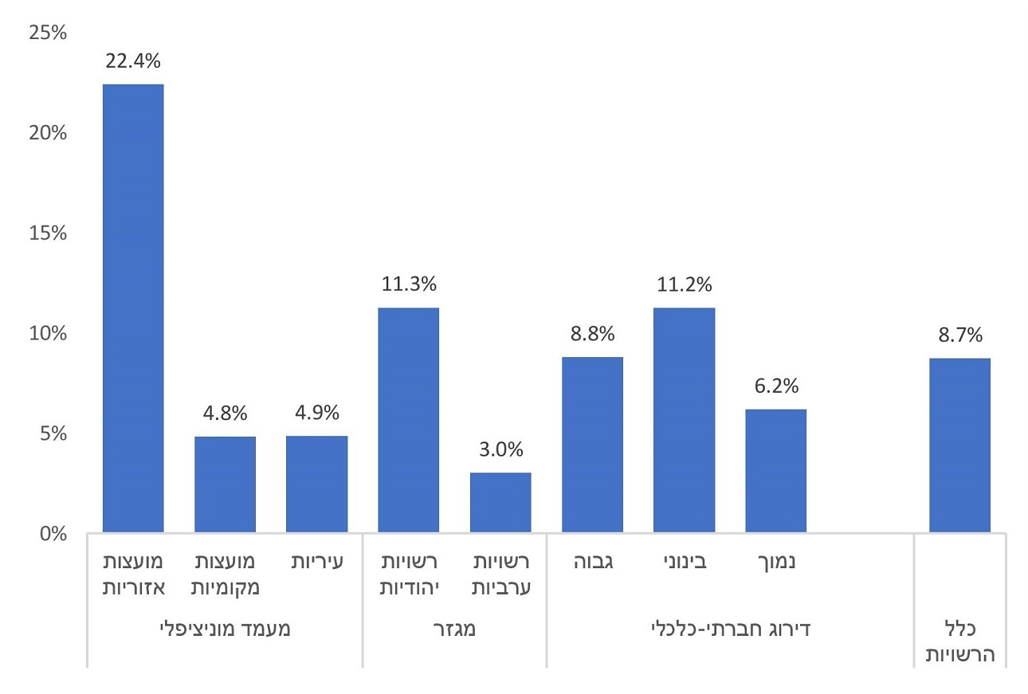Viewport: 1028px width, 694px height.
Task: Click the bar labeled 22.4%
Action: click(x=133, y=308)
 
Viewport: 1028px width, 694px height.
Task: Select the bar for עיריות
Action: click(x=317, y=484)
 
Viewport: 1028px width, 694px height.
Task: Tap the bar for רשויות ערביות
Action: click(x=500, y=502)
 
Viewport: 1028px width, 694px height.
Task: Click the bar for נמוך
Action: click(x=776, y=470)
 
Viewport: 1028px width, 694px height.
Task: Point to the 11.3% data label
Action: click(x=408, y=284)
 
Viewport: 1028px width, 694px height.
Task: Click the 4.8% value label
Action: click(x=225, y=414)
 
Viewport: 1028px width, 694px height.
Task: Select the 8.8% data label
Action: click(x=592, y=334)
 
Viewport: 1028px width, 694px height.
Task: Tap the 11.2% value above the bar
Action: click(x=684, y=284)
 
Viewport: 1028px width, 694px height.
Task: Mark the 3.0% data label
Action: click(x=500, y=449)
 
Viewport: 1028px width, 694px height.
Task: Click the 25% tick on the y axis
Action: click(x=49, y=33)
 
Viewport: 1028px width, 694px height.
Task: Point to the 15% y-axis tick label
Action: click(x=49, y=233)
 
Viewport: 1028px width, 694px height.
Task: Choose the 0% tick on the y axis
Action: click(x=53, y=533)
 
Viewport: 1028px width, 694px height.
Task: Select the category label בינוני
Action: click(x=685, y=562)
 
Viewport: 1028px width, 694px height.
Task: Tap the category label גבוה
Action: click(x=592, y=562)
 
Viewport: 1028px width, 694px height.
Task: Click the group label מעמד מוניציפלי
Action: click(x=226, y=629)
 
